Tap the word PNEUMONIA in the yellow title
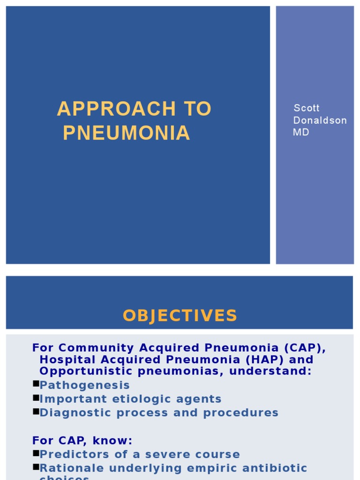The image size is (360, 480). [127, 133]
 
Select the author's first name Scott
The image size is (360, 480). [306, 108]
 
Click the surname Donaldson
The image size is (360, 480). [320, 120]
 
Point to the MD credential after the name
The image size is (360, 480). [301, 132]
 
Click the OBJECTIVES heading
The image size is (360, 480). [180, 315]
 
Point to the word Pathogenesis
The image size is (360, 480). [85, 385]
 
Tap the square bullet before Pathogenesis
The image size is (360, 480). [36, 384]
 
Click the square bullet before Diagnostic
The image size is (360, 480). [36, 412]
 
